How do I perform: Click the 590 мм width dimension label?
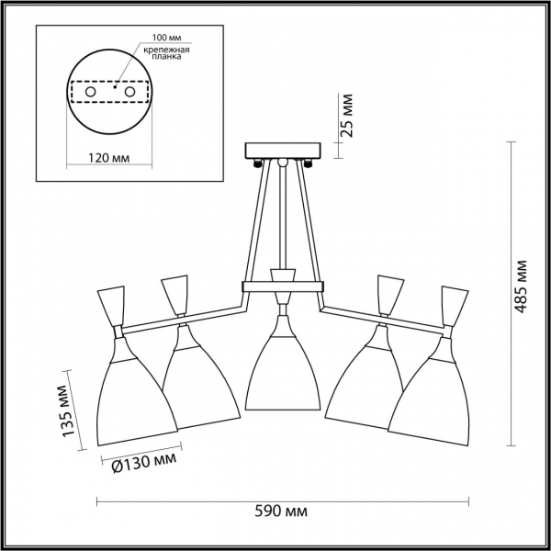click(x=281, y=511)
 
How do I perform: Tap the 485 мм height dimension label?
click(x=521, y=287)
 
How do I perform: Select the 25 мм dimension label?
click(x=346, y=116)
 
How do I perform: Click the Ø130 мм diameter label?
click(x=144, y=463)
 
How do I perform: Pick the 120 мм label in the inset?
click(x=108, y=158)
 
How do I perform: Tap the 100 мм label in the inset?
click(x=166, y=38)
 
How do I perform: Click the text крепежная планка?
click(x=166, y=52)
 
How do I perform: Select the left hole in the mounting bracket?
click(x=90, y=92)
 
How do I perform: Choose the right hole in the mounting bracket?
click(x=129, y=92)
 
